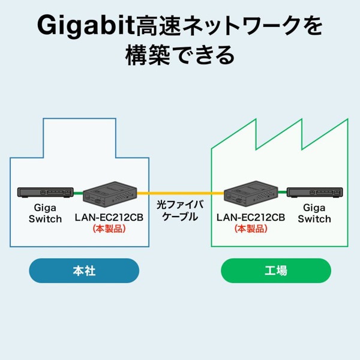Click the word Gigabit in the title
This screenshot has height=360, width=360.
(x=78, y=26)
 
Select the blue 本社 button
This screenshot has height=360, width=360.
(x=84, y=271)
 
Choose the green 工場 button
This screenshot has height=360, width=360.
(x=276, y=271)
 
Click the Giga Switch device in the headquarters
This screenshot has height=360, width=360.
(x=45, y=193)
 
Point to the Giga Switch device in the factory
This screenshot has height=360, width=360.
(x=314, y=193)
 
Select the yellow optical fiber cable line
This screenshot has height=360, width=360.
(x=180, y=193)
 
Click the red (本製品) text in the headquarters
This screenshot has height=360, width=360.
(x=109, y=229)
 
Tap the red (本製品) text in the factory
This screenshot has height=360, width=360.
(x=250, y=229)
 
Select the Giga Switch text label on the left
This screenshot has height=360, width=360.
(x=45, y=214)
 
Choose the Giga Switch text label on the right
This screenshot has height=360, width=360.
(x=314, y=214)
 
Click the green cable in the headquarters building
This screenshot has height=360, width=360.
(x=78, y=193)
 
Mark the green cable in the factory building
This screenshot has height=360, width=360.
(x=282, y=193)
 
